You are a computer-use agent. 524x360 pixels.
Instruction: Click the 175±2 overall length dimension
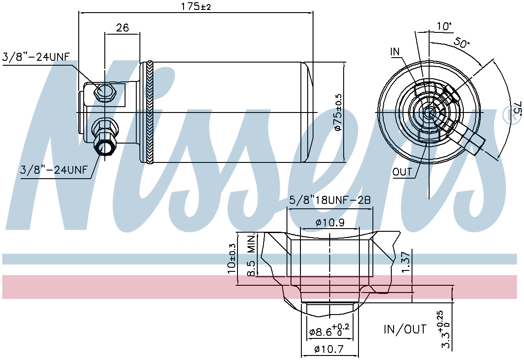pyautogui.click(x=196, y=6)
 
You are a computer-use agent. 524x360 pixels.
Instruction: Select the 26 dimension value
pyautogui.click(x=122, y=27)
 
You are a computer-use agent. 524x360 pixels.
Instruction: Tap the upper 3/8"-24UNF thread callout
pyautogui.click(x=36, y=57)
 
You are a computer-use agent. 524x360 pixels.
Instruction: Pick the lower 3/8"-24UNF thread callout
pyautogui.click(x=54, y=170)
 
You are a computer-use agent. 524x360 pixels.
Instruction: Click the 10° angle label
pyautogui.click(x=444, y=26)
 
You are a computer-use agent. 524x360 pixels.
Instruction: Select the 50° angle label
pyautogui.click(x=461, y=43)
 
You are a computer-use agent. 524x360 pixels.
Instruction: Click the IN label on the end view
pyautogui.click(x=394, y=51)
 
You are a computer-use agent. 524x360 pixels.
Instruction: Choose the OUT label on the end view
pyautogui.click(x=402, y=172)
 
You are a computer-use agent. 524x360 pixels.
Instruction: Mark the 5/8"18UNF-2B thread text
pyautogui.click(x=330, y=200)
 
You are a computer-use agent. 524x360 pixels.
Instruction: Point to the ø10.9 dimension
pyautogui.click(x=330, y=222)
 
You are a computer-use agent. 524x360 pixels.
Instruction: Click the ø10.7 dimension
pyautogui.click(x=329, y=349)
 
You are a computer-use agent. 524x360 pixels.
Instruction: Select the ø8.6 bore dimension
pyautogui.click(x=329, y=330)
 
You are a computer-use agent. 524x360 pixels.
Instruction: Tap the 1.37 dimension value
pyautogui.click(x=406, y=262)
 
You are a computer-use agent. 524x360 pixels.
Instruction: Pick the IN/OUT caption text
pyautogui.click(x=405, y=329)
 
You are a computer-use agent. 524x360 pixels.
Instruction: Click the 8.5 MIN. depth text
pyautogui.click(x=251, y=255)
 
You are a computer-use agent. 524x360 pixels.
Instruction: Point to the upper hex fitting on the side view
pyautogui.click(x=105, y=92)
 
